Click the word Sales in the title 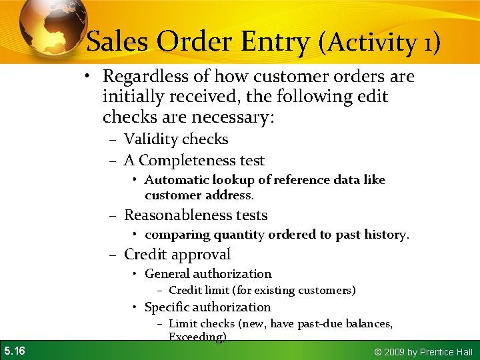coord(117,42)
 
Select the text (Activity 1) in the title coord(379,43)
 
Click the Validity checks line coord(176,139)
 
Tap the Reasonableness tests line coord(195,215)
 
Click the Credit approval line coord(177,255)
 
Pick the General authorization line coord(208,274)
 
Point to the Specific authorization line coord(207,307)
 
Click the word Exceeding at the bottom coord(197,337)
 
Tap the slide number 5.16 coord(15,351)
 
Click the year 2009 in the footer coord(392,352)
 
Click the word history coord(385,235)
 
